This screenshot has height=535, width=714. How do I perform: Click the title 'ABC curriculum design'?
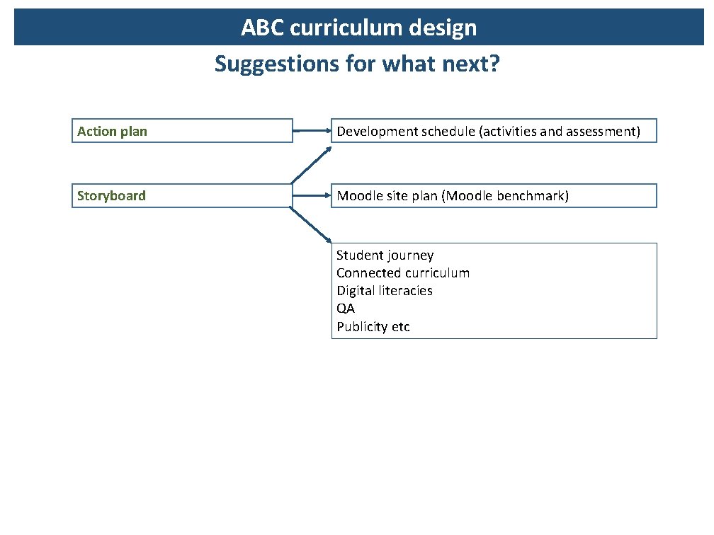click(358, 28)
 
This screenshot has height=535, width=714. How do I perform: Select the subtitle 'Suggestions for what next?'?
click(357, 64)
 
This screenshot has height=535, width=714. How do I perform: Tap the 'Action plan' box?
click(182, 131)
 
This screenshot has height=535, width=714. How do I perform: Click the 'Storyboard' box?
click(182, 196)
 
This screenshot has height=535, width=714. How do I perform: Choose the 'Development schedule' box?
click(494, 131)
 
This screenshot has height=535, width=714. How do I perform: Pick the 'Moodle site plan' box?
click(494, 196)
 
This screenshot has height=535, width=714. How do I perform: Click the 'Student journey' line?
click(385, 255)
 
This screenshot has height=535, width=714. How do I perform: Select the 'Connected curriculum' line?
click(402, 273)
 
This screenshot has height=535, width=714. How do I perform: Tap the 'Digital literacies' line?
click(384, 291)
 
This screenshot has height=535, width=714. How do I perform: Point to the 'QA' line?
click(346, 309)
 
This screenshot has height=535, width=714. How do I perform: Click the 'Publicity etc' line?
click(373, 327)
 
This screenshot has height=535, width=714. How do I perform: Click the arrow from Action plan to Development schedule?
click(312, 131)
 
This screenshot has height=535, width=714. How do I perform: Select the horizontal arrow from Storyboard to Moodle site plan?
click(312, 196)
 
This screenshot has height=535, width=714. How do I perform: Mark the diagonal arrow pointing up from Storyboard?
click(311, 165)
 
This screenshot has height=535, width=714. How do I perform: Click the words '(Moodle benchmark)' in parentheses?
click(505, 196)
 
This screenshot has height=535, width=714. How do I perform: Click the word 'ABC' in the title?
click(263, 28)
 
